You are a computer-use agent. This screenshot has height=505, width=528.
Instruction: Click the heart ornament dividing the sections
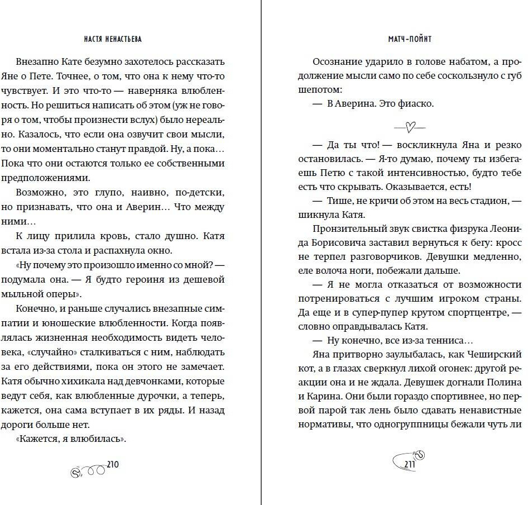(410, 127)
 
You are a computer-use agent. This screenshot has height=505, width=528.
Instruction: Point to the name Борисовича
(343, 242)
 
